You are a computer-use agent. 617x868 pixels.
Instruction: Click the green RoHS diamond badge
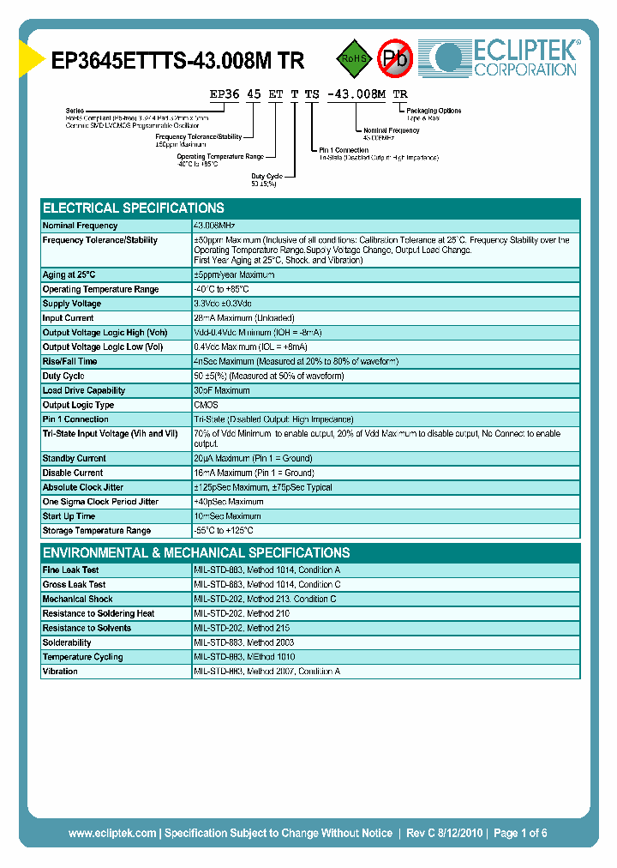tap(349, 58)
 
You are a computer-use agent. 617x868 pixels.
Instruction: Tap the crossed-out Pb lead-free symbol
tap(395, 57)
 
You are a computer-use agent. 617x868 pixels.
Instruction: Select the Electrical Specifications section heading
tap(134, 208)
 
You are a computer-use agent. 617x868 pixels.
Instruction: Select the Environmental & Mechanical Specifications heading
tap(196, 553)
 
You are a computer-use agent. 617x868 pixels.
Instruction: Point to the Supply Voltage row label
tap(72, 304)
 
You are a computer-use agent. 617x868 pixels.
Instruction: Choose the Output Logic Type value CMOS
tap(206, 405)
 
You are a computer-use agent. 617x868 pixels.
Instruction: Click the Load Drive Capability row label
tap(84, 390)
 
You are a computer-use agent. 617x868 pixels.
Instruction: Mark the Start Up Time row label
tap(69, 516)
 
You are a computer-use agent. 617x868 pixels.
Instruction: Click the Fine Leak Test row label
tap(70, 570)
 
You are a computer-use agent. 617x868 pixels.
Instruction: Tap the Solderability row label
tap(67, 642)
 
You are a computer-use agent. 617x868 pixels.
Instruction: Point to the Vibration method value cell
tap(267, 672)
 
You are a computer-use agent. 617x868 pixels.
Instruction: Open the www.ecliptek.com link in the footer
tap(112, 833)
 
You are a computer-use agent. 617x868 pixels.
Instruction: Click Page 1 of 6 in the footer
tap(520, 833)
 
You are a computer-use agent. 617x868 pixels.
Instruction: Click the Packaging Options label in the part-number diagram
tap(434, 111)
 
